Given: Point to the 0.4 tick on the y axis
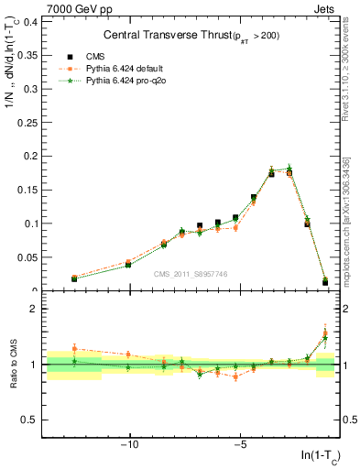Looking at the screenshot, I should click(31, 20).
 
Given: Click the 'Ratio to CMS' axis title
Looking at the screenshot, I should click(14, 365).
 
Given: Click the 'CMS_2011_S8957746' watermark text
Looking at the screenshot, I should click(190, 274).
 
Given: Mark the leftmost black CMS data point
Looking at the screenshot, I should click(74, 278).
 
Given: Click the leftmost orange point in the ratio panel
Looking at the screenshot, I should click(74, 348).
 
